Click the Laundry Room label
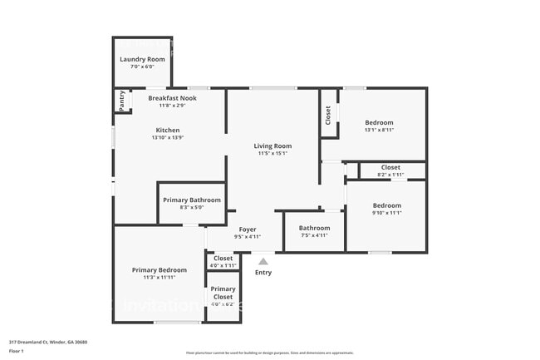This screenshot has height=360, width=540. pos(142,59)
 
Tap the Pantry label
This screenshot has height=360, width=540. pos(122,101)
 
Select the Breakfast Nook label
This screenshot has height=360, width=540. pos(171,98)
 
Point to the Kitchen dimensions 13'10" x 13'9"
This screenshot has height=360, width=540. pos(168,138)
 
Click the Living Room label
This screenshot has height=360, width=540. pos(272,145)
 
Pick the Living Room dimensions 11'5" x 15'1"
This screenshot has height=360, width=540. pos(272,153)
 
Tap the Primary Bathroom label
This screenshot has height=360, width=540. pos(192,200)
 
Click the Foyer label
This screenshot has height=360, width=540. pos(248,229)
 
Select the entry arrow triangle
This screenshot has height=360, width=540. pos(263,261)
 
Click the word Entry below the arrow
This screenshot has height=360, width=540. pos(263,272)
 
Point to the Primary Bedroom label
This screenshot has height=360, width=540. pos(160,269)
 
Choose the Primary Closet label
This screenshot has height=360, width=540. pos(223,293)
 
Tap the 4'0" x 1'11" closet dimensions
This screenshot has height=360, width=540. pos(223,265)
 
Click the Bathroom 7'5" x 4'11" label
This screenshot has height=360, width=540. pos(315,228)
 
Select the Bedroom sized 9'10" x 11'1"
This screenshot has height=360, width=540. pos(386,205)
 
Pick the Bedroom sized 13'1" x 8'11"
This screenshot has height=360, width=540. pos(379,122)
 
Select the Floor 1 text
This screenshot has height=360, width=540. pos(17,352)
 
